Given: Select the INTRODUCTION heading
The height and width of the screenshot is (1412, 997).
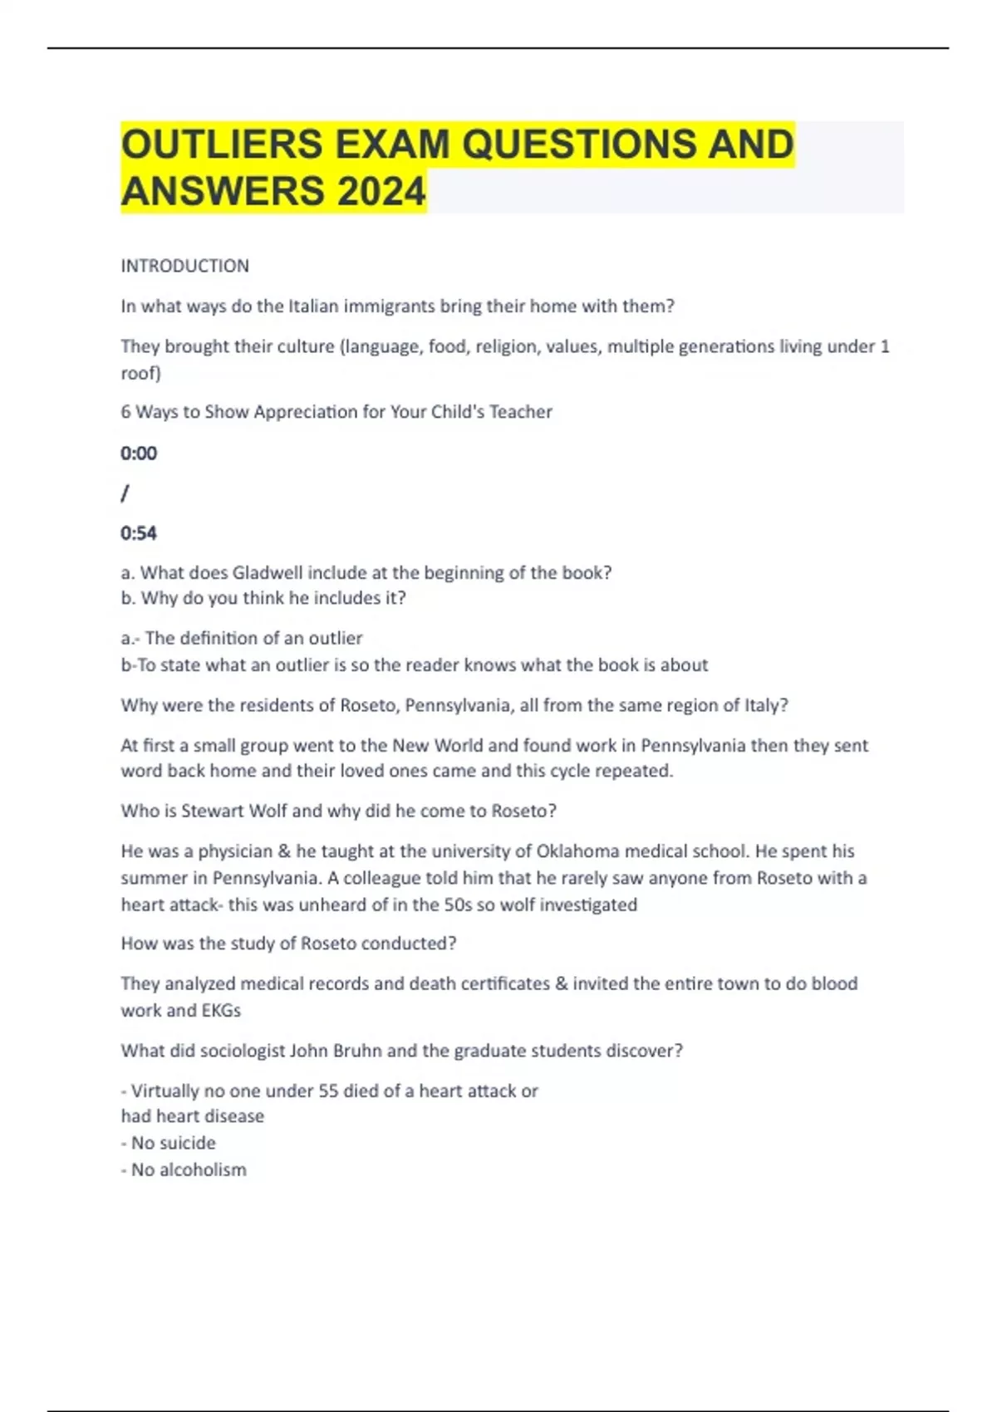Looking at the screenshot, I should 184,266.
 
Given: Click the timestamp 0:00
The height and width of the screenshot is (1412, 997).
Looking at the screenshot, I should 139,453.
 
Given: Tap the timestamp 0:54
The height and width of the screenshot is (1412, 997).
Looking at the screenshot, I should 139,533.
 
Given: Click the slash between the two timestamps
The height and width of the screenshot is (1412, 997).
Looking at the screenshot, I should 125,493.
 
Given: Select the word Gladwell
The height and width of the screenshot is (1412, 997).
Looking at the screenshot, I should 268,573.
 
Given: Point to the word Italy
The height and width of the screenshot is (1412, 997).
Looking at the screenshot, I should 763,705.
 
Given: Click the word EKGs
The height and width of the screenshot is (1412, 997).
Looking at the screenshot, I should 221,1011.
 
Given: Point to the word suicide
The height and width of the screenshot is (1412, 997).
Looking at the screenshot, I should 187,1143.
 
